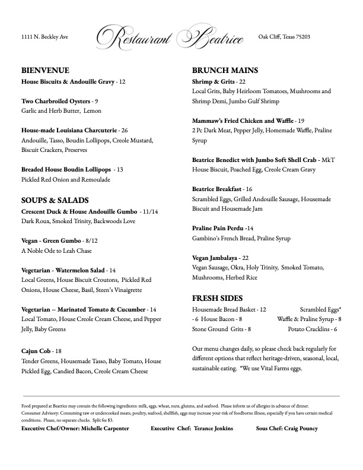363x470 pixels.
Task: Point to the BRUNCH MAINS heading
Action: pyautogui.click(x=225, y=70)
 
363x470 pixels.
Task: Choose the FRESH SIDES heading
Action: pyautogui.click(x=218, y=298)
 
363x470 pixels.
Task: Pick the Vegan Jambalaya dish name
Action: pyautogui.click(x=215, y=258)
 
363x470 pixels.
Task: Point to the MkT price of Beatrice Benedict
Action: pyautogui.click(x=328, y=160)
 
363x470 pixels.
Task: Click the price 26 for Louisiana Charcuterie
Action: pyautogui.click(x=124, y=130)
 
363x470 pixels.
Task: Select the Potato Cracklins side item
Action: pyautogui.click(x=310, y=329)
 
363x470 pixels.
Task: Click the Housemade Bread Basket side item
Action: pyautogui.click(x=225, y=310)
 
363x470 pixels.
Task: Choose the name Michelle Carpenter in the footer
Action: pyautogui.click(x=103, y=428)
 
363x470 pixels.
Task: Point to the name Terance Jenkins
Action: pyautogui.click(x=211, y=428)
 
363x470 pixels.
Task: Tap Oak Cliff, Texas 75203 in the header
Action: pyautogui.click(x=284, y=37)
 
